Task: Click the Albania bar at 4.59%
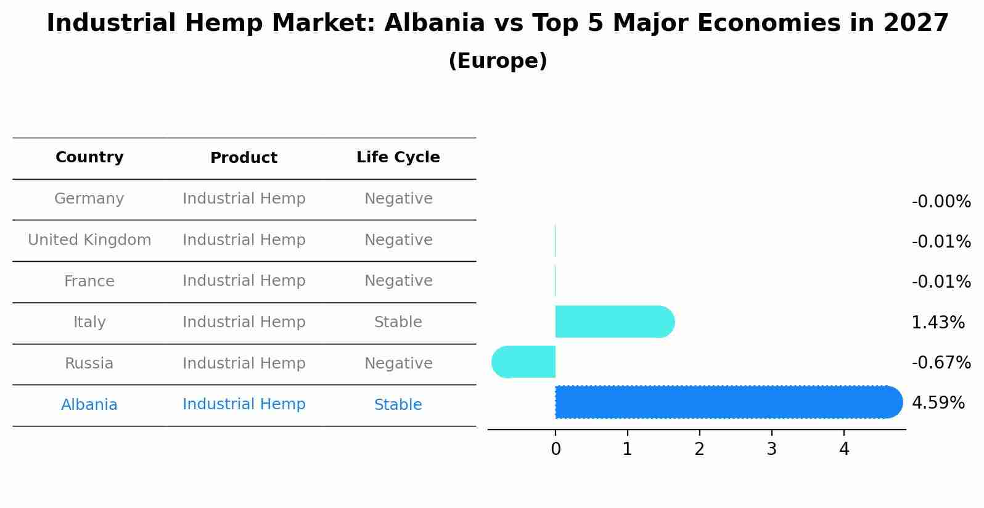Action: point(728,402)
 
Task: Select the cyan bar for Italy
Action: point(614,322)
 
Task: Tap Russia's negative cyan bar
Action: point(524,362)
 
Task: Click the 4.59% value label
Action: point(938,403)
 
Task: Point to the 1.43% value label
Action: point(938,322)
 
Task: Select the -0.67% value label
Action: point(941,362)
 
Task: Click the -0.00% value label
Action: point(941,202)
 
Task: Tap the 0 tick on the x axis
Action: point(556,449)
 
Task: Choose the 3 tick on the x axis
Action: point(771,449)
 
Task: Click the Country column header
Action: point(89,157)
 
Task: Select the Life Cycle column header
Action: point(398,157)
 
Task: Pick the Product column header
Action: point(244,158)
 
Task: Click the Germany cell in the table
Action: point(89,199)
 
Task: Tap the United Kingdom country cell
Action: point(89,240)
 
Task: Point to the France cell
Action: point(89,281)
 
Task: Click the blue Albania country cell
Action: point(89,405)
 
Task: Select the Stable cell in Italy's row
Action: point(398,322)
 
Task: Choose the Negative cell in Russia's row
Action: point(398,364)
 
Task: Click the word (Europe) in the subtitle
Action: point(498,61)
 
